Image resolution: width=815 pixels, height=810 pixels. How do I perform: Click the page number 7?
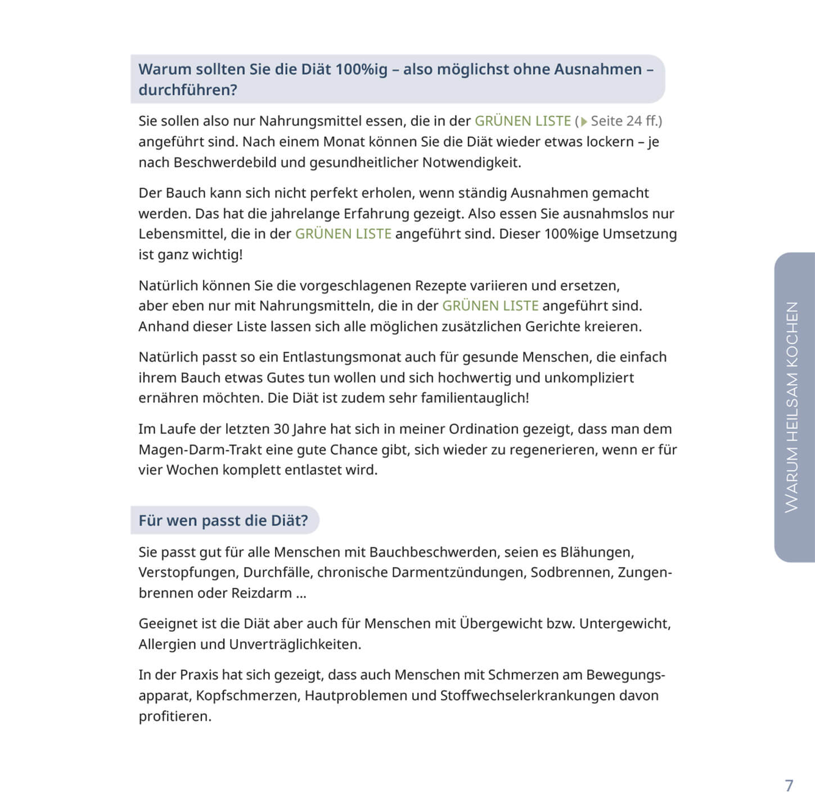point(789,785)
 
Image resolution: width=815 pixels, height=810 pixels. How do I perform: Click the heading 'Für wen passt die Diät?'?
point(223,520)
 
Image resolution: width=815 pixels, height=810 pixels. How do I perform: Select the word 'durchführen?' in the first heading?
point(188,90)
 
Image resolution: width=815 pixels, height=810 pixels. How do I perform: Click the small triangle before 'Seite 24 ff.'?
point(584,121)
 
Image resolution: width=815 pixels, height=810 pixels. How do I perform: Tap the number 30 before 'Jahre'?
point(281,429)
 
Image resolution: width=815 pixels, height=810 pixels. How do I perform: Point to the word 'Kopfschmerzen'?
point(248,696)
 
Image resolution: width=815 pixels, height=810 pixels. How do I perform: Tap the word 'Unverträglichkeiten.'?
point(295,645)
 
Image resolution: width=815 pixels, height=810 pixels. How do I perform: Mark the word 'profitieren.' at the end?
point(175,717)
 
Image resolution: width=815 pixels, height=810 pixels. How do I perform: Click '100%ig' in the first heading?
point(362,69)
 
